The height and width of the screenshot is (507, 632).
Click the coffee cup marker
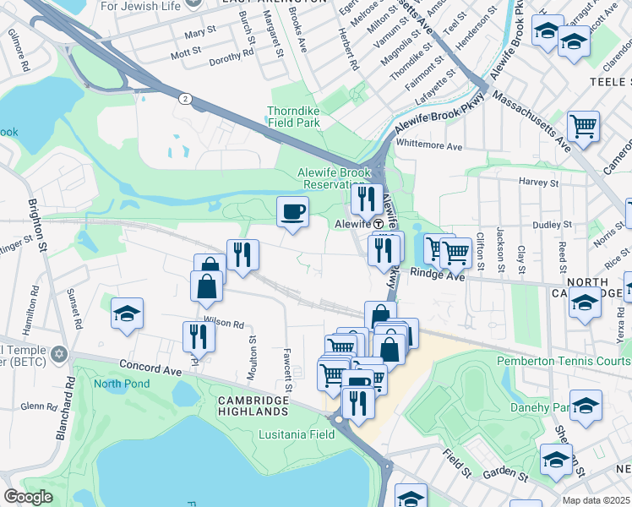click(292, 211)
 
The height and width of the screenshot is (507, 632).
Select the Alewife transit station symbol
click(379, 224)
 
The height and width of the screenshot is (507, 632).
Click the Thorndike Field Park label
click(293, 117)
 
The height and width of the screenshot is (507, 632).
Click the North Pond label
click(121, 384)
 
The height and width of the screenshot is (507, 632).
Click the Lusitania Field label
click(296, 434)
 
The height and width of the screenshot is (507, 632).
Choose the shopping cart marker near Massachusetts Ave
click(583, 127)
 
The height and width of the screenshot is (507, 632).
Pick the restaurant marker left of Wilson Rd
click(199, 336)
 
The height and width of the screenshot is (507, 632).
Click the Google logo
click(28, 497)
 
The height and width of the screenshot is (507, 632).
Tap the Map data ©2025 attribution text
click(597, 500)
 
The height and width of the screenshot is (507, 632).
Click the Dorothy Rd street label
click(232, 52)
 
